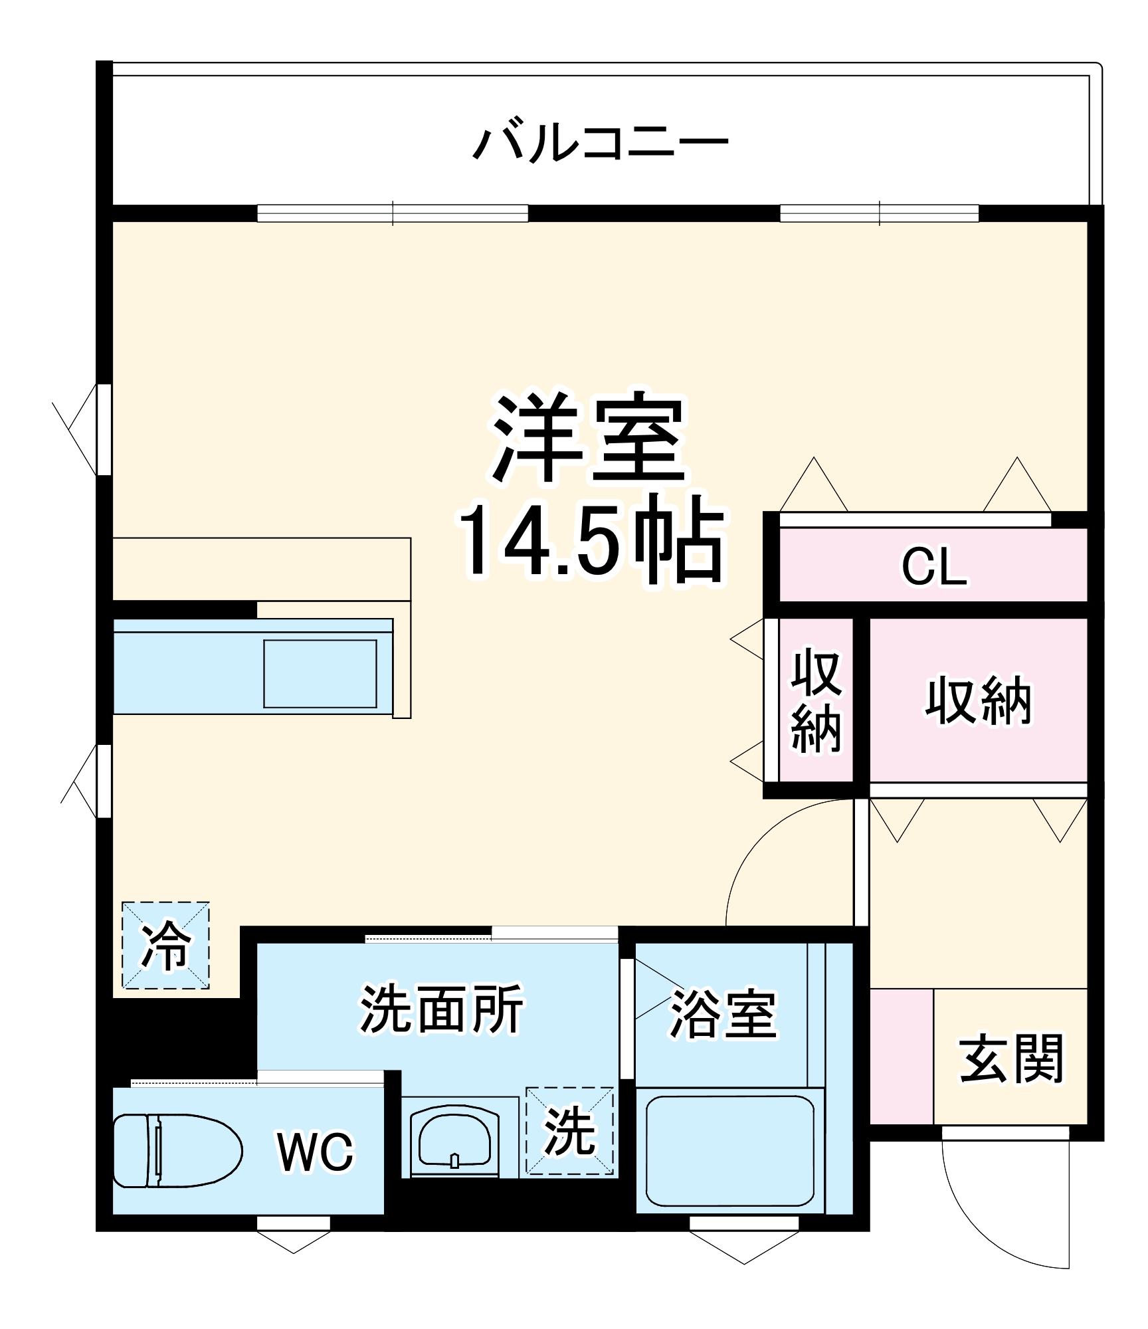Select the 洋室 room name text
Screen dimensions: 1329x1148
589,438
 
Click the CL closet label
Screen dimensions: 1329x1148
933,567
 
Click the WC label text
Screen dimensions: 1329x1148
316,1152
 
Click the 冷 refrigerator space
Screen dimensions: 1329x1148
165,945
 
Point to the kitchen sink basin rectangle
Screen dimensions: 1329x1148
320,674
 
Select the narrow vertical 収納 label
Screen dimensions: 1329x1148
816,702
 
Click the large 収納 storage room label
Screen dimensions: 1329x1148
979,700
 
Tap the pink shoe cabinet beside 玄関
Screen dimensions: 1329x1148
902,1057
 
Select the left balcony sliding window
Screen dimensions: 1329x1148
393,213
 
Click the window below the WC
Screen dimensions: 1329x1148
294,1223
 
